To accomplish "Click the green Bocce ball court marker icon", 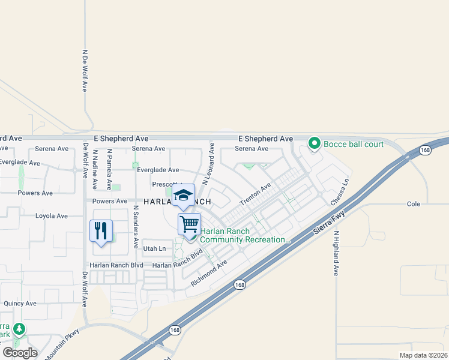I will (x=314, y=143).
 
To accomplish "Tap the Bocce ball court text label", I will (x=354, y=144).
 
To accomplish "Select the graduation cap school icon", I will (x=183, y=194).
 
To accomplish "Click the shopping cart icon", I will (x=189, y=224).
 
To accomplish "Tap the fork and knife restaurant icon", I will (x=101, y=230).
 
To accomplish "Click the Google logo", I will (x=19, y=353).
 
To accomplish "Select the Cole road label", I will (x=414, y=204).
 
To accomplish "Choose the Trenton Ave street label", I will (x=256, y=194).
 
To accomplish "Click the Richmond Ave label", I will (x=209, y=272).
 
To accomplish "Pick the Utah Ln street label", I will (x=154, y=248).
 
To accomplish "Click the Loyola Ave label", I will (x=52, y=216).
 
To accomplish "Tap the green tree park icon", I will (x=20, y=329).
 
